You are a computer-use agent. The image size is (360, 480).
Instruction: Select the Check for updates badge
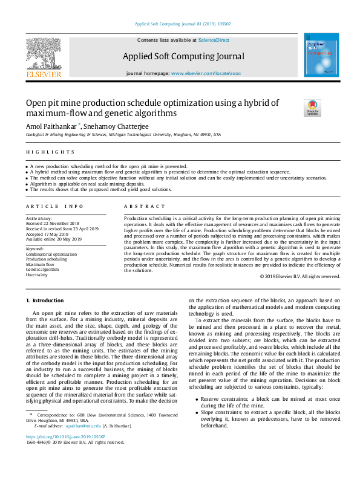[312, 108]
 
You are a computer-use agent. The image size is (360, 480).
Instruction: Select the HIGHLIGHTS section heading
[50, 152]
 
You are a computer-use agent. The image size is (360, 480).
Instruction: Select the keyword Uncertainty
[37, 274]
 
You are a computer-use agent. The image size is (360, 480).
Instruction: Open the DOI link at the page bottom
[65, 436]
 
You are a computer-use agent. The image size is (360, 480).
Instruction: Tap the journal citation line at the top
[180, 24]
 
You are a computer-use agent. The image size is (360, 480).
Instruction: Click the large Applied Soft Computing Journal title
[183, 56]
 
